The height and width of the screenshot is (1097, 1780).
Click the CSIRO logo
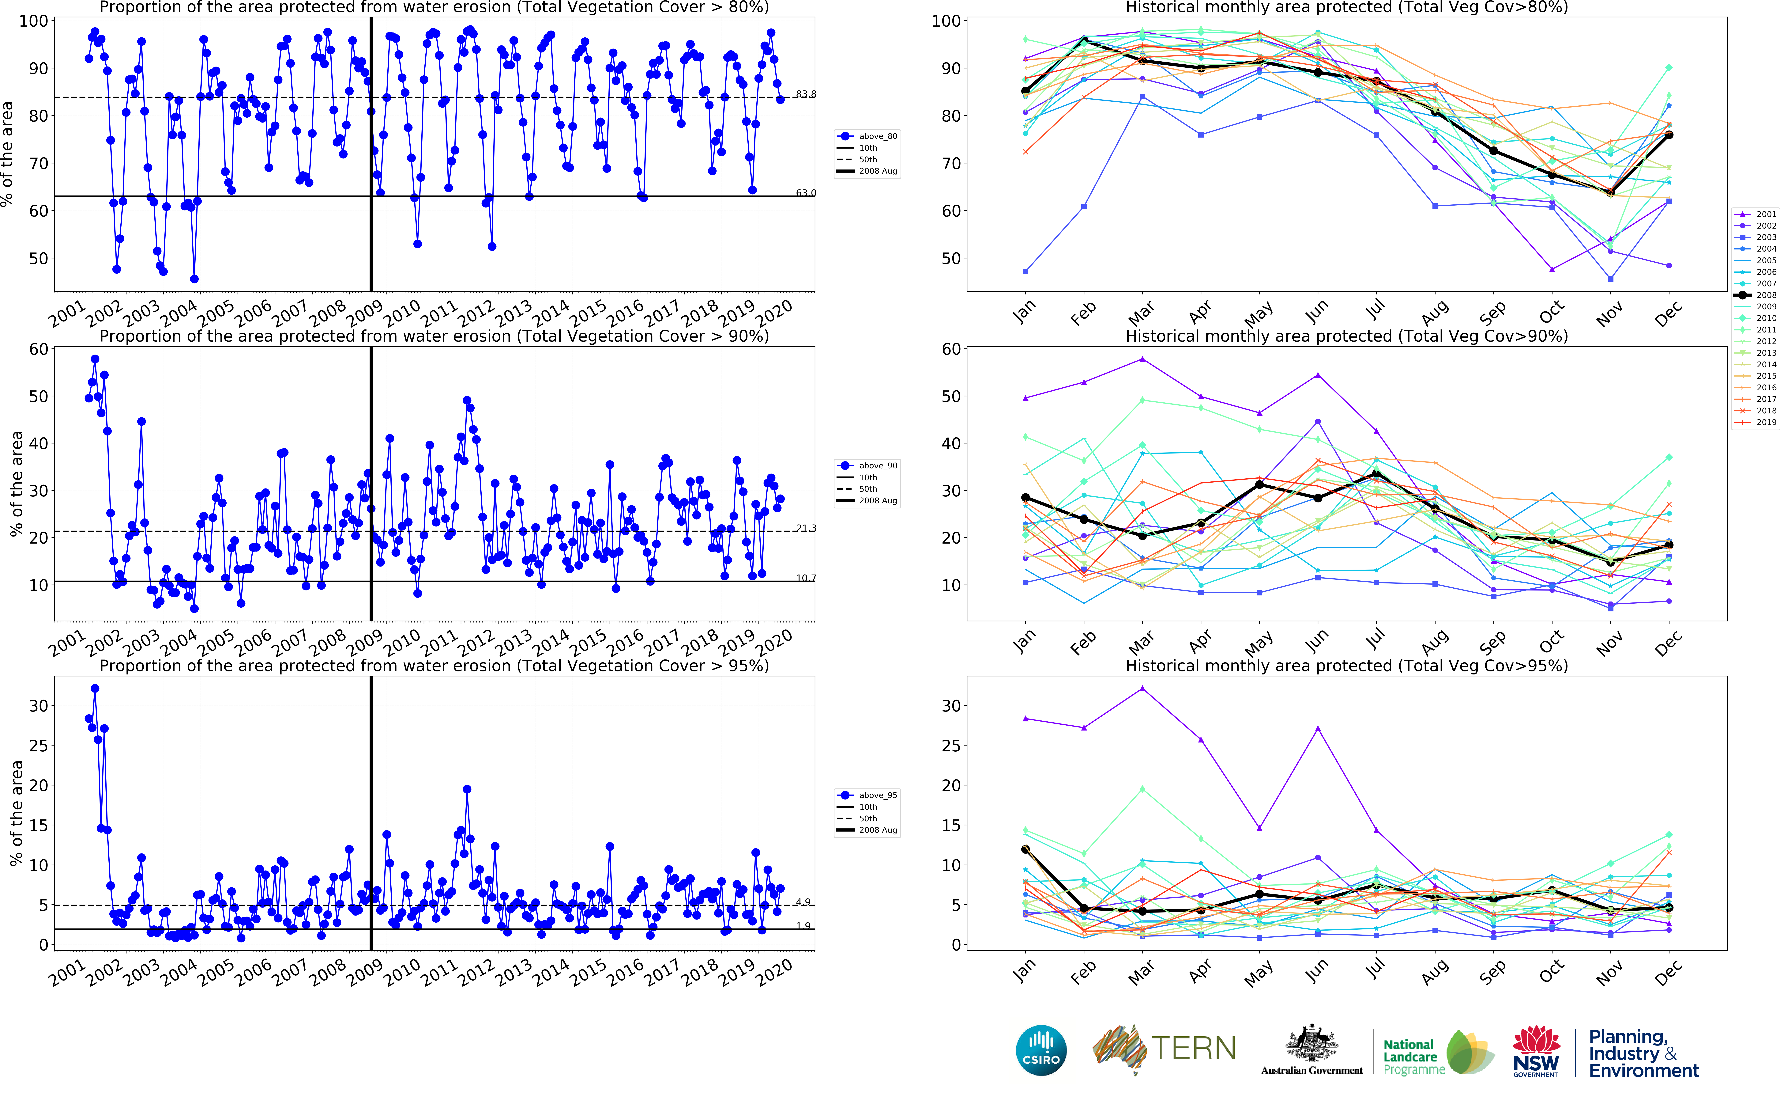click(1041, 1050)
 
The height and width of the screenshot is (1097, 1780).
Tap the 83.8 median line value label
click(805, 94)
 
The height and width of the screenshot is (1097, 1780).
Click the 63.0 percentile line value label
click(805, 193)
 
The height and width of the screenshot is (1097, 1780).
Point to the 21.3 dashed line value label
click(805, 528)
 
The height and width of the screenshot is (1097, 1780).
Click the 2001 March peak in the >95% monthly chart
click(1143, 689)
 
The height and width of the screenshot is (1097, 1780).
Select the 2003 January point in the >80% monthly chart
click(1025, 271)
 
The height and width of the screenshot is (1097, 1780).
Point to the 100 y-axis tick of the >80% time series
click(33, 21)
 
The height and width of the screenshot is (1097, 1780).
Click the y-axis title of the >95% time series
click(16, 813)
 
